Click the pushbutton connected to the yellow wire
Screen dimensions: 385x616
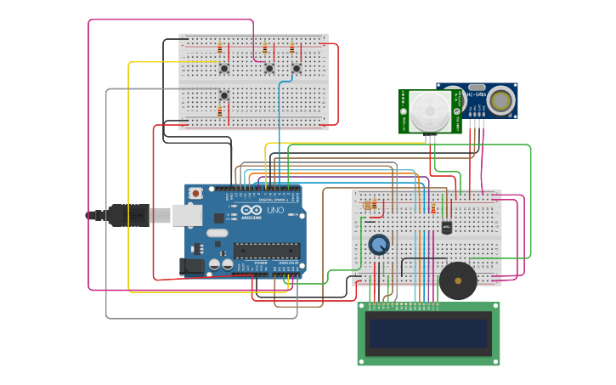224,68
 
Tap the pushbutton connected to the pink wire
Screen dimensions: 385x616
269,68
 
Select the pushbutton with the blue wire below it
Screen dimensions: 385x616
297,68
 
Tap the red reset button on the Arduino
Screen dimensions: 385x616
196,193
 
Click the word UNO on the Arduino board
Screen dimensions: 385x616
275,210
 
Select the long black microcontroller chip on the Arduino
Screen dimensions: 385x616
267,250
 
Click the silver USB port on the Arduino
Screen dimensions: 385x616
186,215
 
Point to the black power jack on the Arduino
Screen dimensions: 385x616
194,266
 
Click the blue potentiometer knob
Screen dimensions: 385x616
379,245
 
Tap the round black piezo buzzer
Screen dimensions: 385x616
458,280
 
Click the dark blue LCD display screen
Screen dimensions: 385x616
428,333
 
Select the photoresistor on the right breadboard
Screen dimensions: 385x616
368,205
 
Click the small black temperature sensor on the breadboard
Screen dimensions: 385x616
447,227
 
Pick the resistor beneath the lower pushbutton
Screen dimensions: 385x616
219,111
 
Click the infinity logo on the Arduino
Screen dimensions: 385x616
251,210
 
